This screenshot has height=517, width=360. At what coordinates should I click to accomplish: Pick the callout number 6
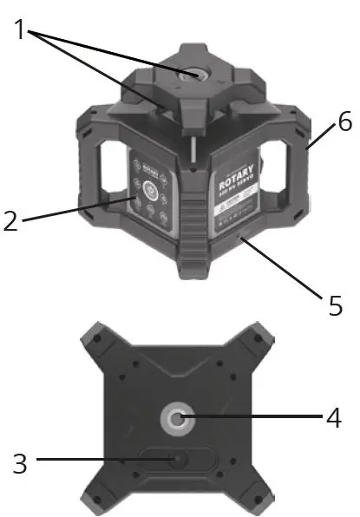pos(344,122)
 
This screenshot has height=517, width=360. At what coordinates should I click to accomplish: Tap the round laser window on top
pos(188,75)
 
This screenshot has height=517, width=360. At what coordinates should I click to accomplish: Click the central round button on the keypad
pos(148,188)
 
